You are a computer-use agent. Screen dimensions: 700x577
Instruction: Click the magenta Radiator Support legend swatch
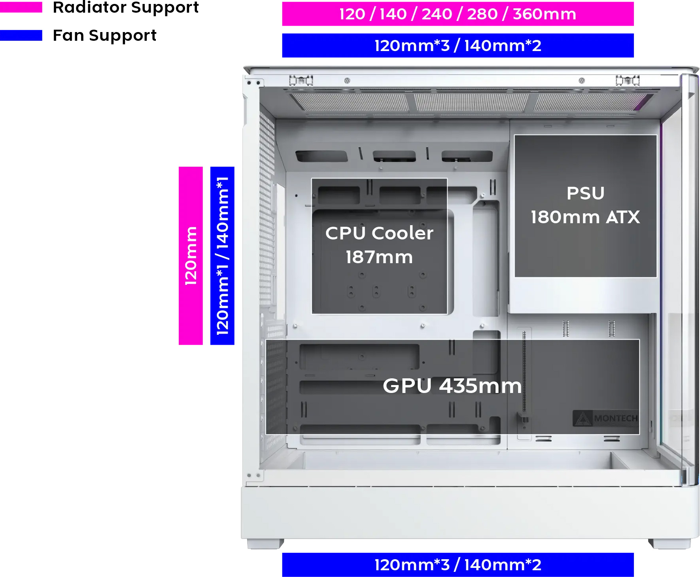(21, 7)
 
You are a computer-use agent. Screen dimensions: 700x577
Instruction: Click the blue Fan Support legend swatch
(21, 35)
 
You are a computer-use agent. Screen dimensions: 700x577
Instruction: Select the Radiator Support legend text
(126, 8)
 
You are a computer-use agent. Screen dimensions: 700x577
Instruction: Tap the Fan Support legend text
(105, 36)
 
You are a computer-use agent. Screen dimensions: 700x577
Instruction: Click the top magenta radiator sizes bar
(458, 14)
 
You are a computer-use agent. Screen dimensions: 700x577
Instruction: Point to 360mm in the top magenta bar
(545, 14)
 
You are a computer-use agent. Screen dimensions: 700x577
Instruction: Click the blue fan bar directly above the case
(458, 46)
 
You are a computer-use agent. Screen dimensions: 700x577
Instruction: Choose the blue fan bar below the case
(458, 565)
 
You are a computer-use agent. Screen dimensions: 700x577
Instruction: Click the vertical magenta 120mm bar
(191, 256)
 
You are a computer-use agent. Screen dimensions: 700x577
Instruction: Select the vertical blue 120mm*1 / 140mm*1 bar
(222, 256)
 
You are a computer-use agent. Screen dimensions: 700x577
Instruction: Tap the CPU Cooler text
(379, 233)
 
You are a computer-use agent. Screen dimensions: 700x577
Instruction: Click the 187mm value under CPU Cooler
(379, 257)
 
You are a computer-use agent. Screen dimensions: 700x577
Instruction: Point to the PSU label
(586, 194)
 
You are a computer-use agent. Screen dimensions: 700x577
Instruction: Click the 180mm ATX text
(585, 217)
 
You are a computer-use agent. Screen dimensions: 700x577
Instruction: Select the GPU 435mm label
(452, 386)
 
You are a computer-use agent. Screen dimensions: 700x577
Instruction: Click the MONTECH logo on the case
(605, 418)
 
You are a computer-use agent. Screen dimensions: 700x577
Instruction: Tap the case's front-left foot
(265, 544)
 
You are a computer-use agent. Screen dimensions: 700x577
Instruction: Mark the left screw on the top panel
(347, 81)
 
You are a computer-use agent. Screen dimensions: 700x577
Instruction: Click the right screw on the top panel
(582, 81)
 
